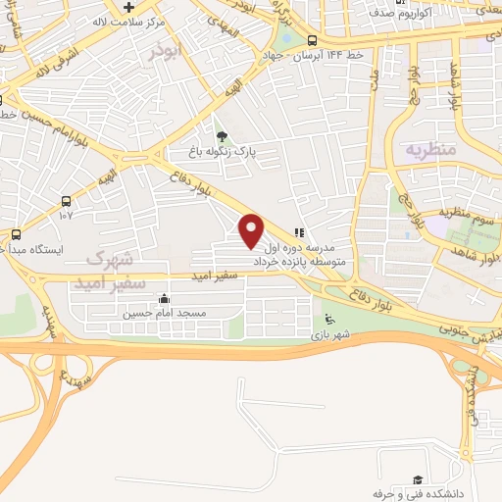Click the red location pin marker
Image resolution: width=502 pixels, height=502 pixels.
(252, 230)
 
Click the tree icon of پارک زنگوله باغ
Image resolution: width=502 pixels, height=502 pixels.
(222, 136)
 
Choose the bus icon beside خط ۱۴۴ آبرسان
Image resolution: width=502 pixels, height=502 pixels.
(311, 40)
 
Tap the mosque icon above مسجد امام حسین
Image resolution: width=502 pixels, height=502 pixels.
(163, 298)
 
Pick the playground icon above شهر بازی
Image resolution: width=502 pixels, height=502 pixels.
(329, 318)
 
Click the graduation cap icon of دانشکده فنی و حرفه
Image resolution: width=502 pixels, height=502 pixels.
(418, 478)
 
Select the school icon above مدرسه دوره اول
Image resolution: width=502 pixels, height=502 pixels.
(299, 233)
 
